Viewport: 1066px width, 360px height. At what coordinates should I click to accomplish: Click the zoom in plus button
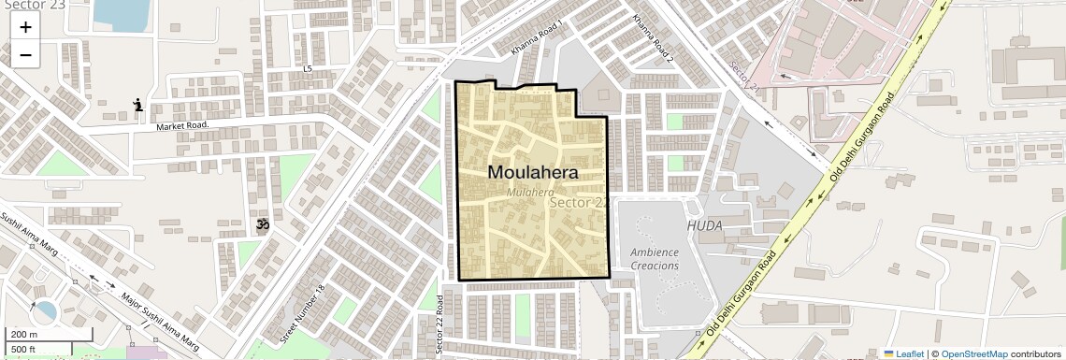(25, 27)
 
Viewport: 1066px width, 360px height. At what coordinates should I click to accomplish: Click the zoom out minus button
(25, 55)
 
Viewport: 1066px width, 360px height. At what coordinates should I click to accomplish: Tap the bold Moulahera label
(533, 173)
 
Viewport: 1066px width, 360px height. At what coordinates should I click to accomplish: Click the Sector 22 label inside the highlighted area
(580, 202)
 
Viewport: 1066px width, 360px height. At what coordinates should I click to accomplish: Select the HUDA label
(704, 226)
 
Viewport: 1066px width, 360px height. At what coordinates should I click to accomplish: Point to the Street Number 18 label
(301, 313)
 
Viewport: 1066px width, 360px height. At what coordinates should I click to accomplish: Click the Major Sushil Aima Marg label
(161, 317)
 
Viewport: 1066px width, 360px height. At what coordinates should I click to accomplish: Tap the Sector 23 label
(33, 5)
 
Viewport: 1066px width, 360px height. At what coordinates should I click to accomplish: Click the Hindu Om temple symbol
(263, 225)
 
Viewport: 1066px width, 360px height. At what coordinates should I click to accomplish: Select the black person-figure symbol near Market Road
(138, 105)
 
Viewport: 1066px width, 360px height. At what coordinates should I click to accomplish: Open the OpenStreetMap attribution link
(973, 353)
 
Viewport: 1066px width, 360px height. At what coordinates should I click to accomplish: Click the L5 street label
(308, 69)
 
